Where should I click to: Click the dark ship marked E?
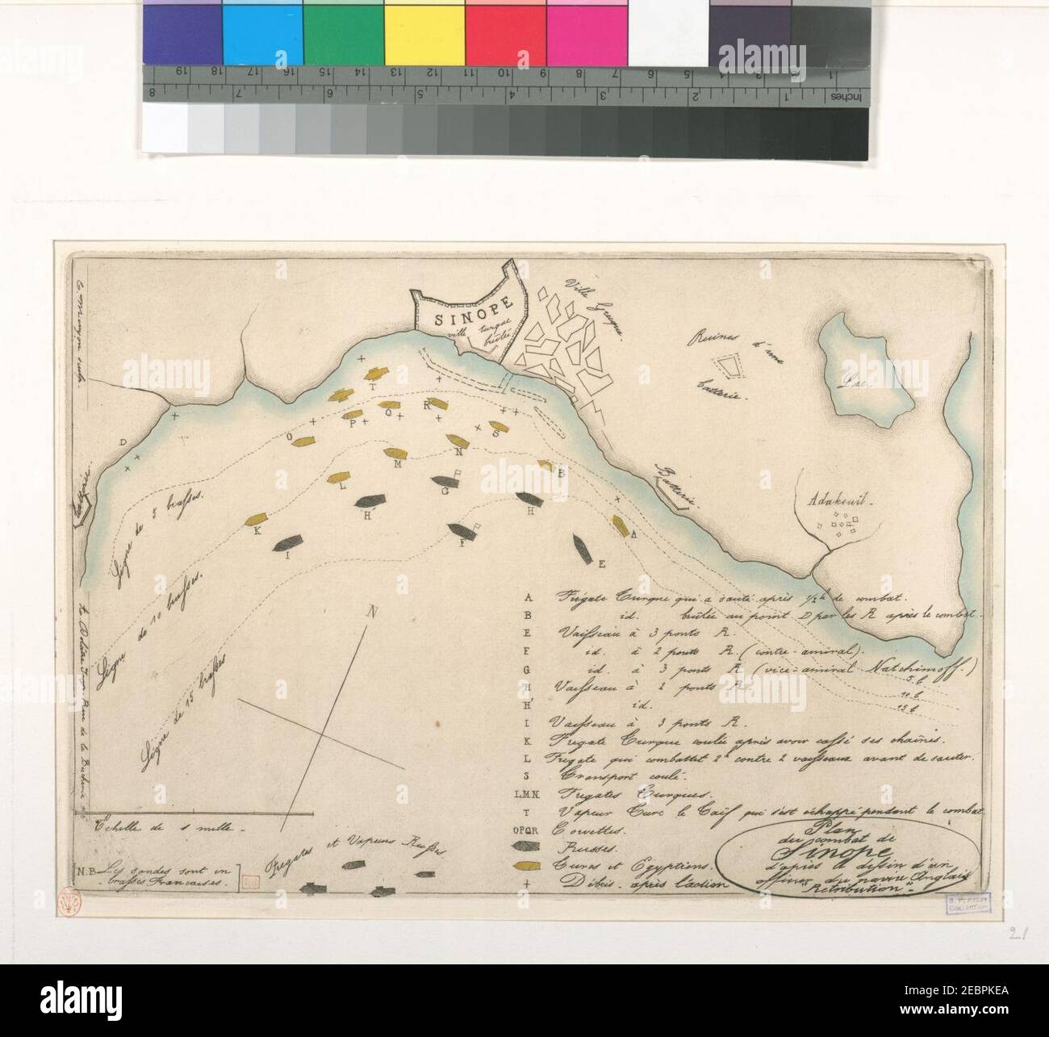coord(582,548)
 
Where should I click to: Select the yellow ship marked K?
coord(258,519)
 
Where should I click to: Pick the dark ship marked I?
coord(290,541)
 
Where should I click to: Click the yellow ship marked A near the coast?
coord(620,525)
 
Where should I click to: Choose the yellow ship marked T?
coord(376,374)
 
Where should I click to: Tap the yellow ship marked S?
coord(495,426)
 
